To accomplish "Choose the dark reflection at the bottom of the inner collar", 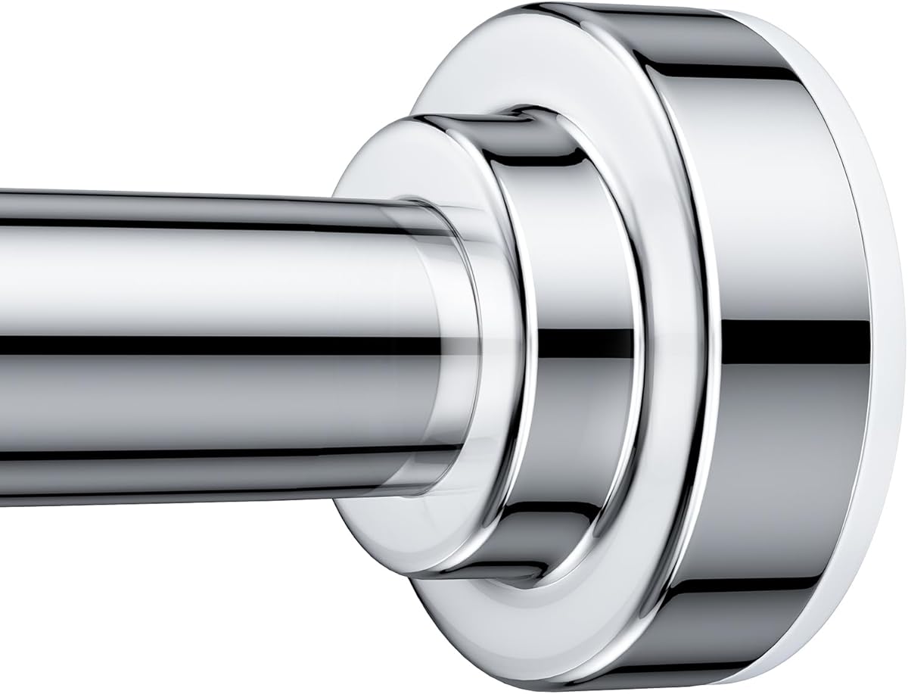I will click(530, 530).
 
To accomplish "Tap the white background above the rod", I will click(189, 91).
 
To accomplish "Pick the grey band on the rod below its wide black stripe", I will click(189, 409).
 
